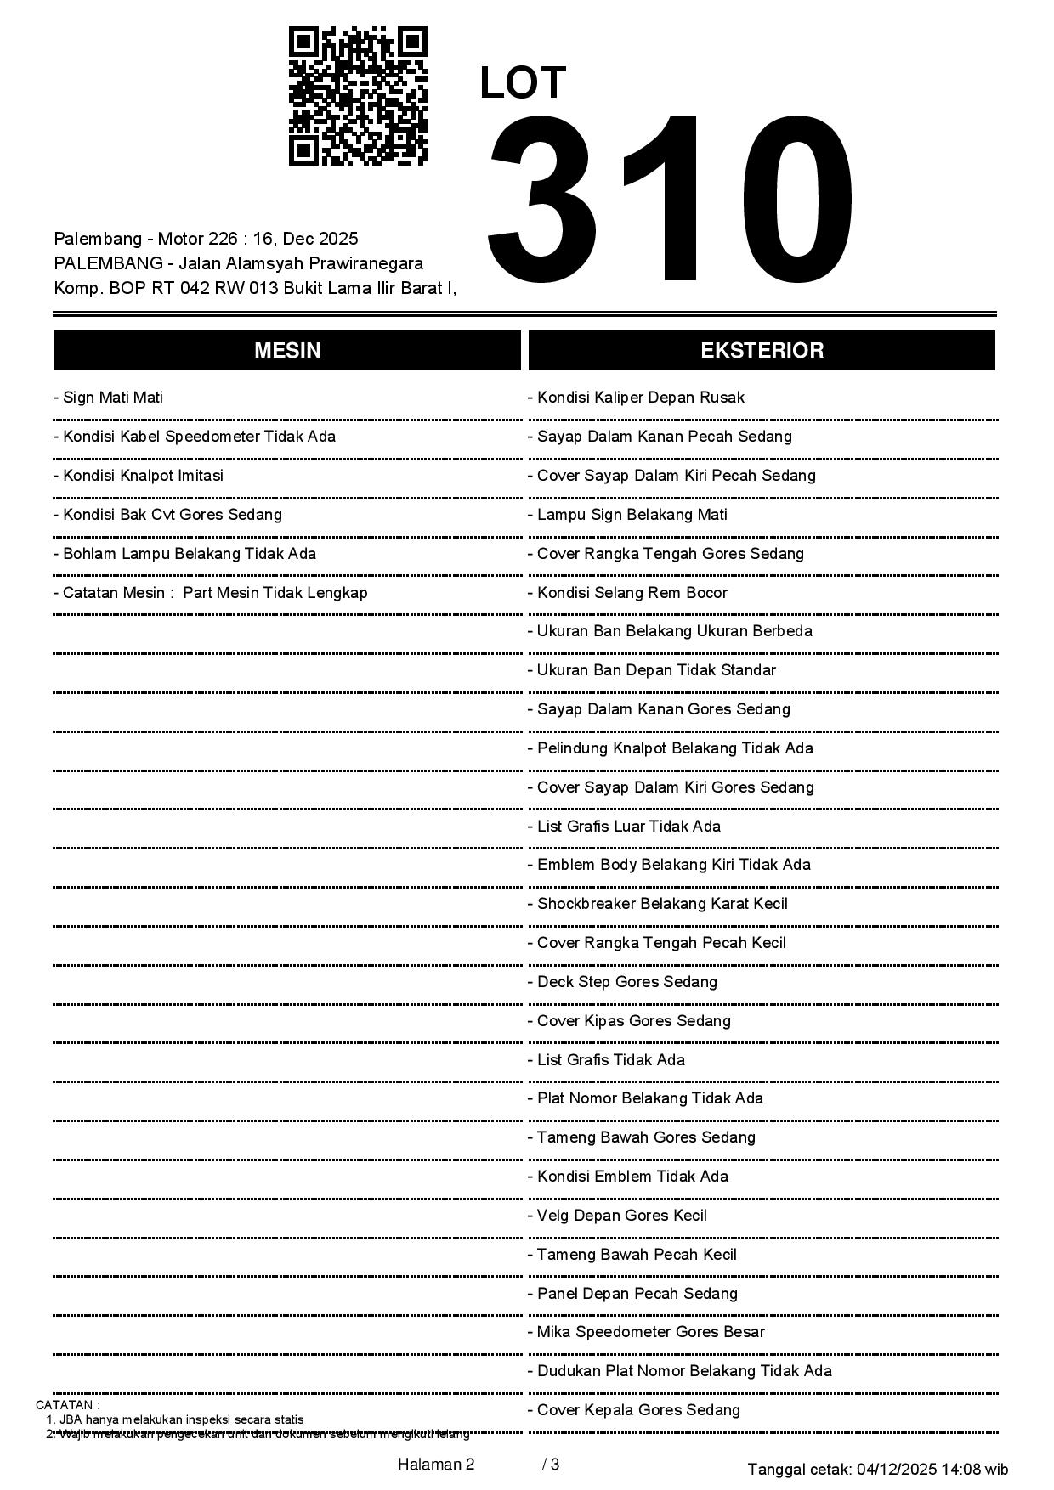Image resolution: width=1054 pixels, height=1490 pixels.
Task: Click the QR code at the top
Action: [x=358, y=95]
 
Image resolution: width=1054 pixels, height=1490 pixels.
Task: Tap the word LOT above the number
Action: [x=523, y=83]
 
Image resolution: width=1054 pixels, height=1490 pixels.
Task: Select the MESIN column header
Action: [x=287, y=351]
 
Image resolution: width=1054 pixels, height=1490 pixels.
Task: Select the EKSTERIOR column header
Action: [x=762, y=351]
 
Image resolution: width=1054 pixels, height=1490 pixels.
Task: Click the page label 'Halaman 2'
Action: [x=435, y=1465]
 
